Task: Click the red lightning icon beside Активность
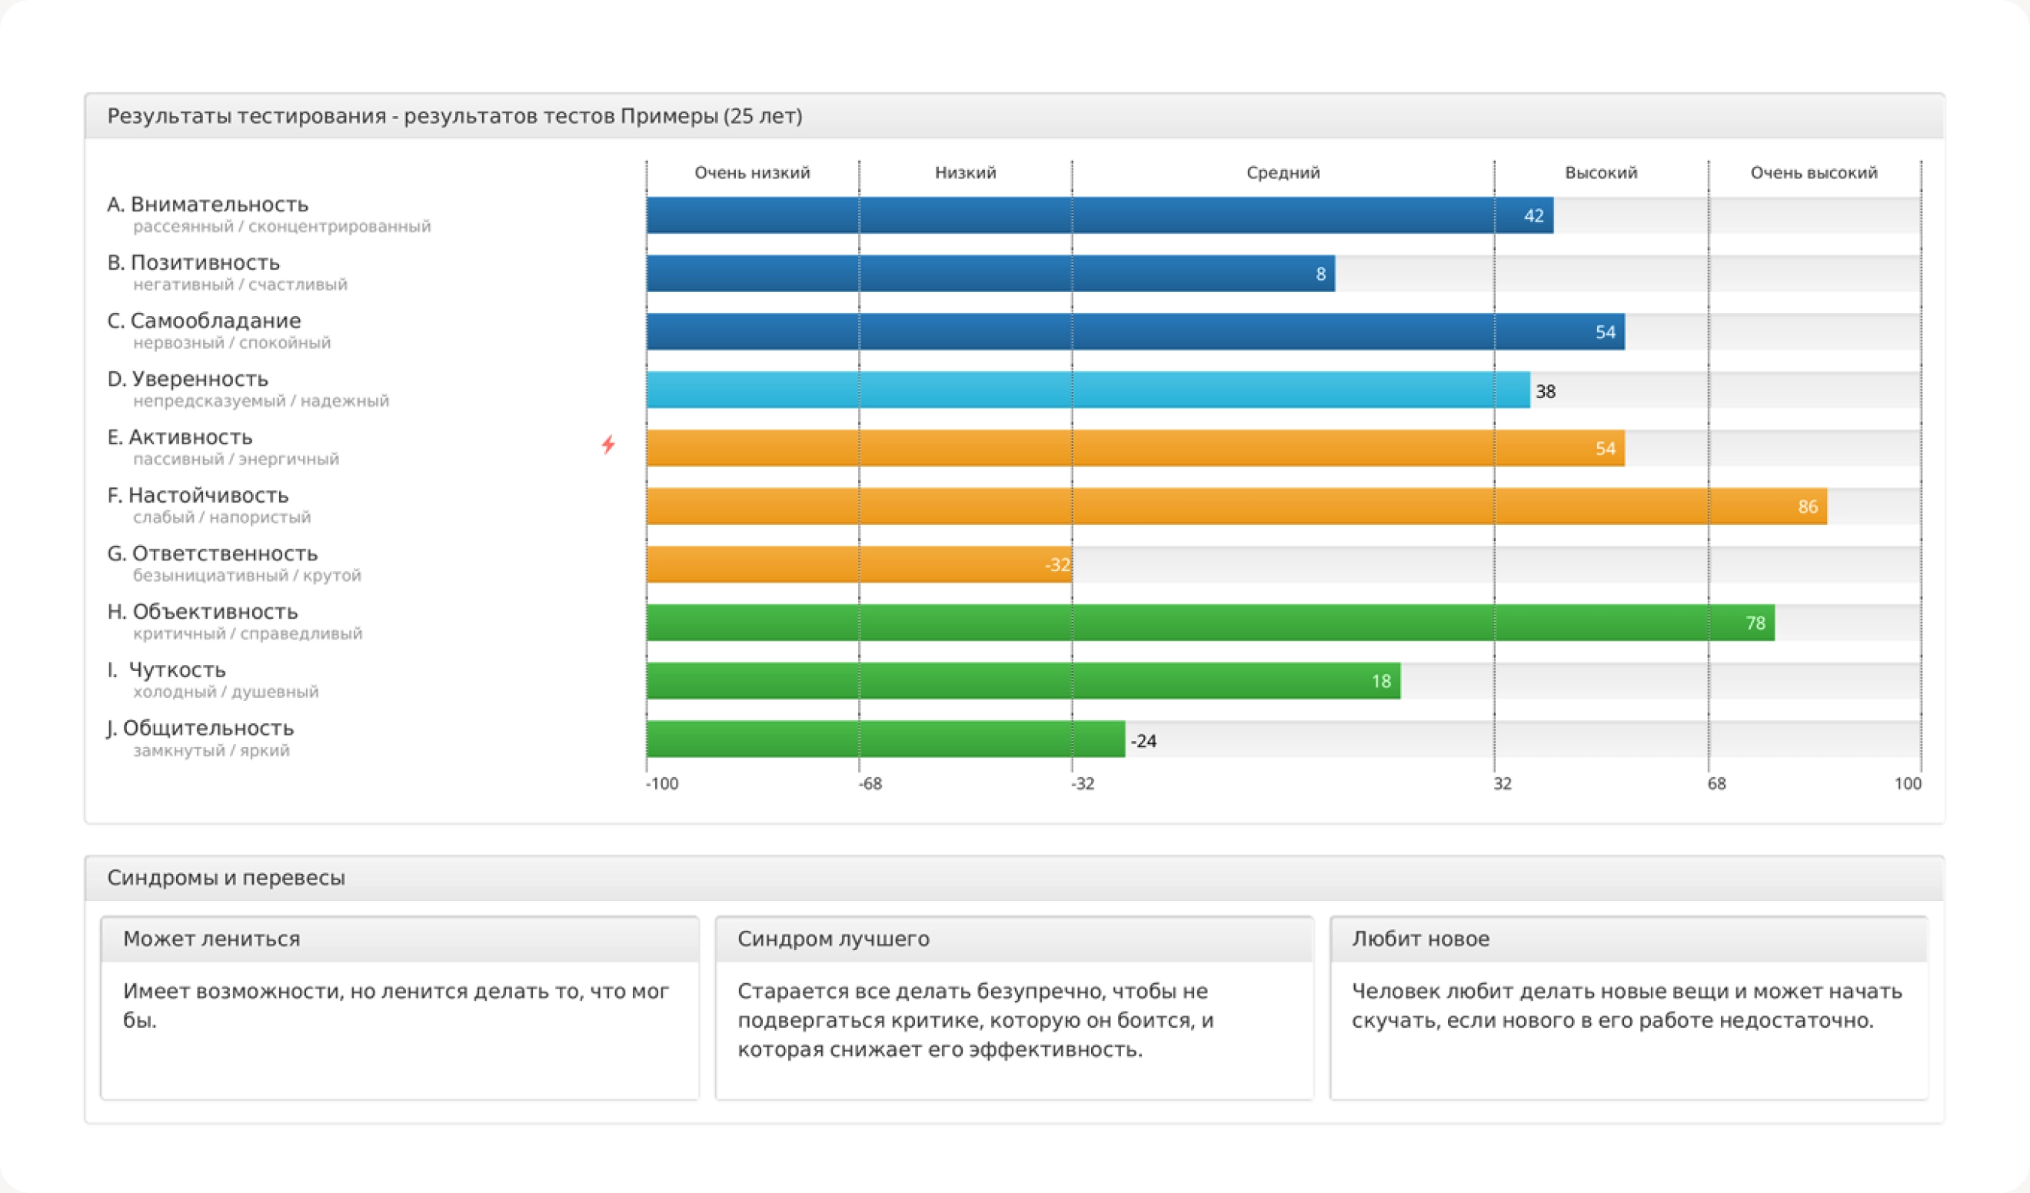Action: (608, 444)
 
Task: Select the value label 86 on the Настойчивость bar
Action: (1808, 507)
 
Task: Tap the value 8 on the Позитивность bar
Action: (1320, 274)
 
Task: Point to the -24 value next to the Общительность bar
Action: (1143, 741)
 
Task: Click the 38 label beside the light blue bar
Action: (1545, 391)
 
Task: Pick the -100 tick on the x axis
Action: (661, 784)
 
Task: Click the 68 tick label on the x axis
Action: (1716, 784)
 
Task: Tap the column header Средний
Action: (1283, 172)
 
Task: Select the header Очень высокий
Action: (1813, 172)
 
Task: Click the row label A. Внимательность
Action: (208, 204)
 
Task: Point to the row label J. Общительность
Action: (201, 728)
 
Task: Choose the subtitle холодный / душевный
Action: (225, 692)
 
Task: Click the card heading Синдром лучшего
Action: (833, 939)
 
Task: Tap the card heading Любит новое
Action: (1420, 939)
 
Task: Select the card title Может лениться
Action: (211, 939)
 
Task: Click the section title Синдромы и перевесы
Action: (225, 877)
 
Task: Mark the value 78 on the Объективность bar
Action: (1755, 623)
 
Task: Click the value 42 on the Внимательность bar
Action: (1533, 216)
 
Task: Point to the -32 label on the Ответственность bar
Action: (1057, 565)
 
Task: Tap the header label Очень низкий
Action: (751, 172)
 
